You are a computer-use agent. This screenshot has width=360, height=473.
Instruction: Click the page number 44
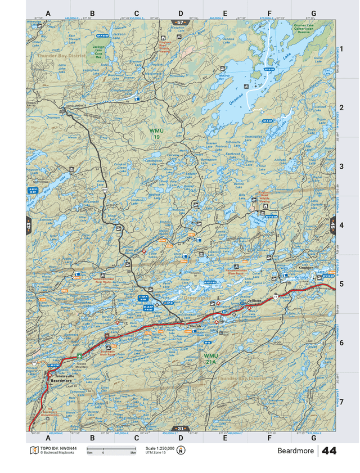coord(329,451)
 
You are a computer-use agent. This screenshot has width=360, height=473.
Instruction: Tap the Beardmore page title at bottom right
coord(295,451)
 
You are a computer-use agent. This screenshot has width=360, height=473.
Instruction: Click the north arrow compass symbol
coord(181,451)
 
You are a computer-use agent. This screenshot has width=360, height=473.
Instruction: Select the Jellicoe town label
coord(255,302)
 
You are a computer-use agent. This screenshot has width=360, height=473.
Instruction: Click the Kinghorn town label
coord(305,268)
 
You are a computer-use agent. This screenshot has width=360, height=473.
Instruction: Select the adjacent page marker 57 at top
coord(180,22)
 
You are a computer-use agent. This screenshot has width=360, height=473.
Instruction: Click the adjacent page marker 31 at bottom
coord(180,429)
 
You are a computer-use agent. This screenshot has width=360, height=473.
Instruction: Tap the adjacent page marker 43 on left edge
coord(29,226)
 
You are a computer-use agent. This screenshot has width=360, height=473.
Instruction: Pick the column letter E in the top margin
coord(224,13)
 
